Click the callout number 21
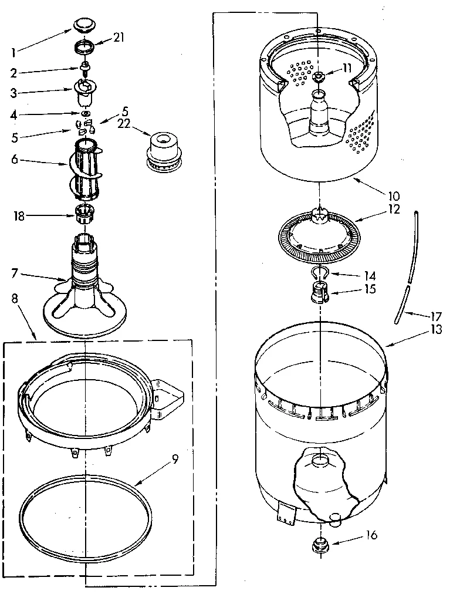click(x=119, y=38)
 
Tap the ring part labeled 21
click(x=86, y=48)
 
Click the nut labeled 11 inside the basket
click(x=319, y=77)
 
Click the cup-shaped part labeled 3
click(x=85, y=91)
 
